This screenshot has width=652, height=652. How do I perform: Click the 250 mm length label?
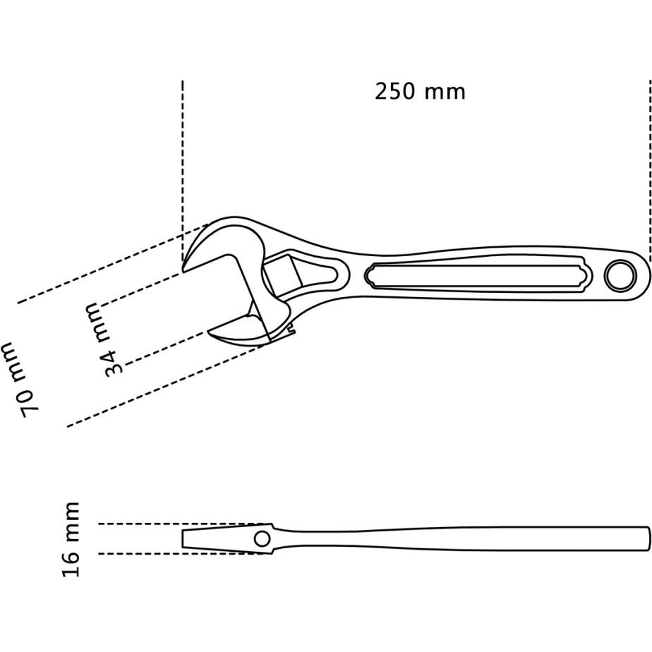click(420, 92)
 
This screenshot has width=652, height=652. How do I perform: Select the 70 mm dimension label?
click(20, 379)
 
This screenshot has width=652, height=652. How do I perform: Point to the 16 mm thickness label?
click(70, 539)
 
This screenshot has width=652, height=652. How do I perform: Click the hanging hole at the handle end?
click(620, 275)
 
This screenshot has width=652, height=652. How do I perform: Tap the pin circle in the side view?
click(262, 539)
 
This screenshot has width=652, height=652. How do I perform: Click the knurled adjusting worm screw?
click(282, 275)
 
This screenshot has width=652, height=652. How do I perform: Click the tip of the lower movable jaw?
click(210, 332)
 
